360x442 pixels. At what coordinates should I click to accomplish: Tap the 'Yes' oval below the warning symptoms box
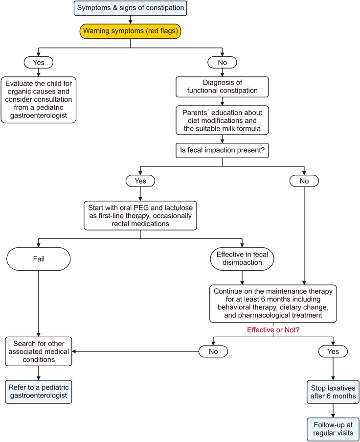39,63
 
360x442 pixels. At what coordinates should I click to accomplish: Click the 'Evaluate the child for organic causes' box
39,99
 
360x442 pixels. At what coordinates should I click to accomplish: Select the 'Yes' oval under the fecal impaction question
140,181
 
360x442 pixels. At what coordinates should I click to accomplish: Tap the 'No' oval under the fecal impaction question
304,181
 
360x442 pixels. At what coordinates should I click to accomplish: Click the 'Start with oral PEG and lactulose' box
140,214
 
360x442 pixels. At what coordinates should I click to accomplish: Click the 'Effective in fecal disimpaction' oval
242,257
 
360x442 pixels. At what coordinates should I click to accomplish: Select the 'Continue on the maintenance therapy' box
273,303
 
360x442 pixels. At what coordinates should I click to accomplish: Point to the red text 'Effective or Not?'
273,331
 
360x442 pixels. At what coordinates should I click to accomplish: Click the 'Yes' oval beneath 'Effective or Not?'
333,351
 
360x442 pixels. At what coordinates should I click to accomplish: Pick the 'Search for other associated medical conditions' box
39,350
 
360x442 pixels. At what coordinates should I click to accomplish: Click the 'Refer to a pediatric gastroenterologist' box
39,392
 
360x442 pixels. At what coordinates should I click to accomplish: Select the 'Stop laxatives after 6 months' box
333,392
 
